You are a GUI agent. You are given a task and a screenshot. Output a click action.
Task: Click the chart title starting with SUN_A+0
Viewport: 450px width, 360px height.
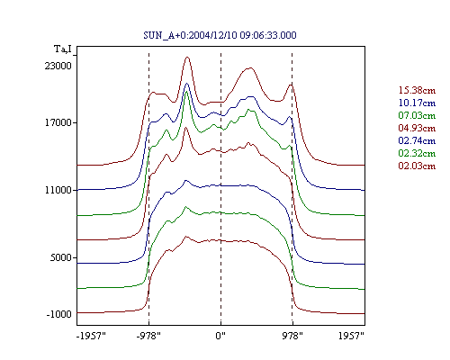point(220,35)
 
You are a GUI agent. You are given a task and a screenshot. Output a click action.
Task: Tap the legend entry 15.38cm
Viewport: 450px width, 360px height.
point(417,90)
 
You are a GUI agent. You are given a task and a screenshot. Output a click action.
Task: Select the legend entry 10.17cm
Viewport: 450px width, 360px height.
point(417,103)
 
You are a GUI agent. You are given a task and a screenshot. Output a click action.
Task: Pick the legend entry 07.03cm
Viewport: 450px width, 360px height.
point(417,115)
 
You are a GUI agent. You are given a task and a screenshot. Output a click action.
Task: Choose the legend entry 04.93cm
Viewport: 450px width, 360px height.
point(417,128)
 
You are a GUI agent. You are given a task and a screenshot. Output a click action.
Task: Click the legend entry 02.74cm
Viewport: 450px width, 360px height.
point(417,140)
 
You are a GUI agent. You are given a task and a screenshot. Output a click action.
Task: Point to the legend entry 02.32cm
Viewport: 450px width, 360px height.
point(417,153)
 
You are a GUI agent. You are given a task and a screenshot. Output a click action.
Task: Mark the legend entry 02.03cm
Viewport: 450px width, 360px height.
point(417,166)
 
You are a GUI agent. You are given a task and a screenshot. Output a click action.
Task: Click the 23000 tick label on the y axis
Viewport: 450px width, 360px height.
point(58,66)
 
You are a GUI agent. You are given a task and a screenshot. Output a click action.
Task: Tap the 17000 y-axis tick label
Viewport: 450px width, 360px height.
point(58,122)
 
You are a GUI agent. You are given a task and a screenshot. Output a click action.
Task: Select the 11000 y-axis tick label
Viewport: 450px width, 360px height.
point(58,190)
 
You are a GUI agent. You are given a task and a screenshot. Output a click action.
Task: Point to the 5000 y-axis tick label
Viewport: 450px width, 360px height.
point(61,257)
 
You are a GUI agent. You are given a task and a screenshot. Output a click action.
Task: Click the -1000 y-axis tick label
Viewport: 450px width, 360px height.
point(58,314)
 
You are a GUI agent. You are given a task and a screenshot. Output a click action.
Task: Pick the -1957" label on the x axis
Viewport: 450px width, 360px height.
point(91,336)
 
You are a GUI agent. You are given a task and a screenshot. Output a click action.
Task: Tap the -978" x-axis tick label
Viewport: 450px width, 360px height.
point(148,336)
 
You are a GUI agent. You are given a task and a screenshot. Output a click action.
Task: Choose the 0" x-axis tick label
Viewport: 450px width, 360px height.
point(220,336)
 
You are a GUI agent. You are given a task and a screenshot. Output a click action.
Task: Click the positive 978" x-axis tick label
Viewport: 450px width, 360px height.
point(292,336)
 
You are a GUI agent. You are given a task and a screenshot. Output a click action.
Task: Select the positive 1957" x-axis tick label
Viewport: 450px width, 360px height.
point(351,336)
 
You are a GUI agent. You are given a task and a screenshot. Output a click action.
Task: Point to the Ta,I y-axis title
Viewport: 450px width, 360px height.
point(63,49)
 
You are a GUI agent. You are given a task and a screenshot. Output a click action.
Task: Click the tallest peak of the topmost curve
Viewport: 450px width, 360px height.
point(187,57)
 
